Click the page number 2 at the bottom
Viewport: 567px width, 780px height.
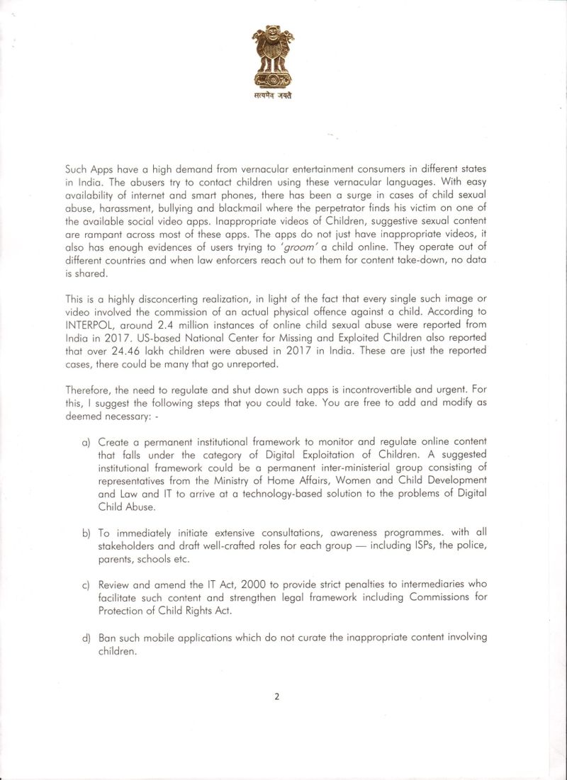click(276, 696)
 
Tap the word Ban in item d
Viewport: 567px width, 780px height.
click(108, 638)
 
